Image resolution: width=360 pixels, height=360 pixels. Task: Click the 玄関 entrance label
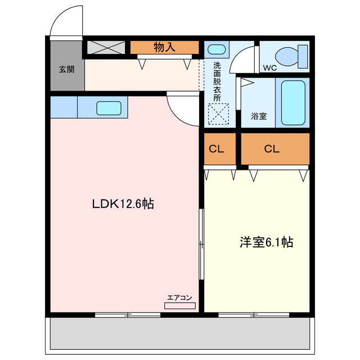click(x=67, y=70)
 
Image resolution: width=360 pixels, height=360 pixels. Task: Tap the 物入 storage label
click(x=164, y=47)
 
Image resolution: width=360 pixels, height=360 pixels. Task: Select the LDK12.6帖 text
click(x=123, y=203)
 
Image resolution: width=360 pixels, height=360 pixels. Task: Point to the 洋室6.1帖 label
click(x=266, y=242)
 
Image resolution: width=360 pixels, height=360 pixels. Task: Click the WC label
click(x=270, y=69)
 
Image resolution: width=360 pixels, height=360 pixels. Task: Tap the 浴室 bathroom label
click(x=259, y=116)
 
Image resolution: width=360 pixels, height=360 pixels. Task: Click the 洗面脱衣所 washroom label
click(x=217, y=81)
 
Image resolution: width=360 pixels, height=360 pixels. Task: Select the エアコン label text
click(x=180, y=298)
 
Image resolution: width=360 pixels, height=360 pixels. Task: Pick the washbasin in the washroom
click(x=216, y=49)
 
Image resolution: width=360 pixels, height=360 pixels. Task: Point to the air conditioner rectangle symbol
click(x=180, y=305)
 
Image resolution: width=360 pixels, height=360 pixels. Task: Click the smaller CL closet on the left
click(x=219, y=149)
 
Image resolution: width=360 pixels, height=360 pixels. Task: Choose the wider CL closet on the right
click(x=275, y=149)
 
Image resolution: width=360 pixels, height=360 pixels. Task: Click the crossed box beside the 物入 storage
click(x=106, y=47)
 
